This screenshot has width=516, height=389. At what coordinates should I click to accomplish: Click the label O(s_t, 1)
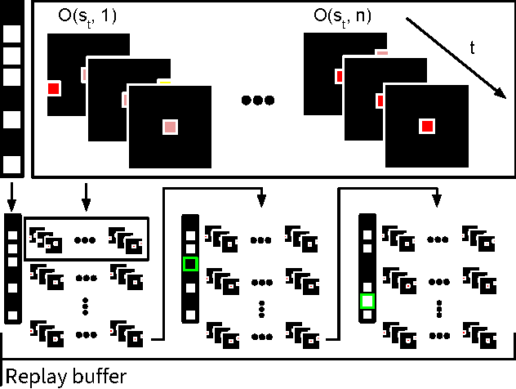(x=87, y=16)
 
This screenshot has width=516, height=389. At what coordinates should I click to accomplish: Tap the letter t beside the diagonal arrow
(x=471, y=47)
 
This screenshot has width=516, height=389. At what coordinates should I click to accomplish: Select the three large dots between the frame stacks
(x=258, y=101)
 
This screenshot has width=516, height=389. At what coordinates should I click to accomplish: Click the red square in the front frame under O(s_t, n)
(x=426, y=126)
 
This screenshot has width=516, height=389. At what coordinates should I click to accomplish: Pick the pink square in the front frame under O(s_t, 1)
(x=170, y=127)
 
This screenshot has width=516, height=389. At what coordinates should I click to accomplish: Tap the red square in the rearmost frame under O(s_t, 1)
(x=54, y=88)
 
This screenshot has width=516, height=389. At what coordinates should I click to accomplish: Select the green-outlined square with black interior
(x=190, y=264)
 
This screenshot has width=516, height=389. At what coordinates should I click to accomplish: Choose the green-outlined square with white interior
(x=367, y=302)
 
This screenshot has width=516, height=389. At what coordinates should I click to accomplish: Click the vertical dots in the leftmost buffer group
(x=86, y=306)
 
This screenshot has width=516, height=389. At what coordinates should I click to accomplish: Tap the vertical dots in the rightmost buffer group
(x=439, y=308)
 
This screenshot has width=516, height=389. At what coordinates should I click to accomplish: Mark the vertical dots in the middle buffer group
(x=261, y=308)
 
